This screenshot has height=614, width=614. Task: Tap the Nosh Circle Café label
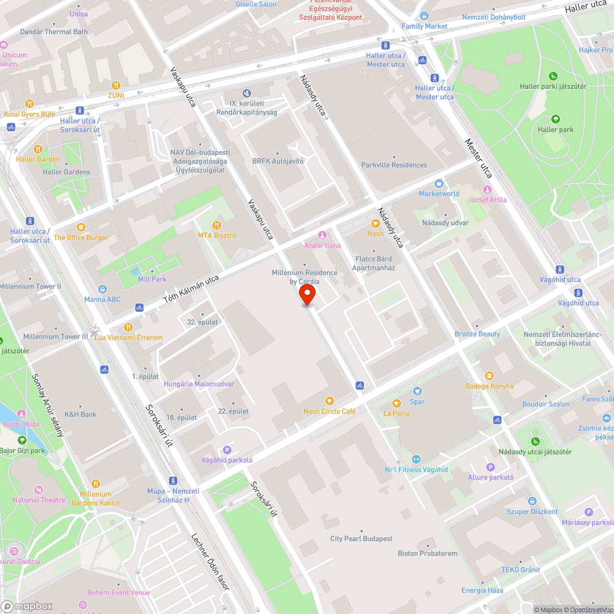point(329,411)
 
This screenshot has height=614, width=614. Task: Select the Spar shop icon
point(418,391)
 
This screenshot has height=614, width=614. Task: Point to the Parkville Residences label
point(394,165)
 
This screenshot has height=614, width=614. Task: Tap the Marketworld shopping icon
point(439,183)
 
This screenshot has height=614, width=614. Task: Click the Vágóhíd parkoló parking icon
point(227,450)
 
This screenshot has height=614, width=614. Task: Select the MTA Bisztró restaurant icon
point(216,225)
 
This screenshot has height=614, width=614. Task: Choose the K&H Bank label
point(80,414)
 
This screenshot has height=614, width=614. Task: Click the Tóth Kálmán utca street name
point(191,290)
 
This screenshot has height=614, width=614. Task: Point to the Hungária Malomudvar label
point(198,384)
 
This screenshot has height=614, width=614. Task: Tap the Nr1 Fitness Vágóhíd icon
point(416,459)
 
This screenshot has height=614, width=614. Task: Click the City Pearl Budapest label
point(361,538)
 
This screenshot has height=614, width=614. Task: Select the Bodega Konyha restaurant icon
point(489,376)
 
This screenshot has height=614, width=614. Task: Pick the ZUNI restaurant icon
point(116,85)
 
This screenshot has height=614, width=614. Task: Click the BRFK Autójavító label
point(278,161)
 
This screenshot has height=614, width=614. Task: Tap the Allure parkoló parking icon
point(490,467)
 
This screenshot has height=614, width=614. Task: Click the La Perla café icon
point(397,403)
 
